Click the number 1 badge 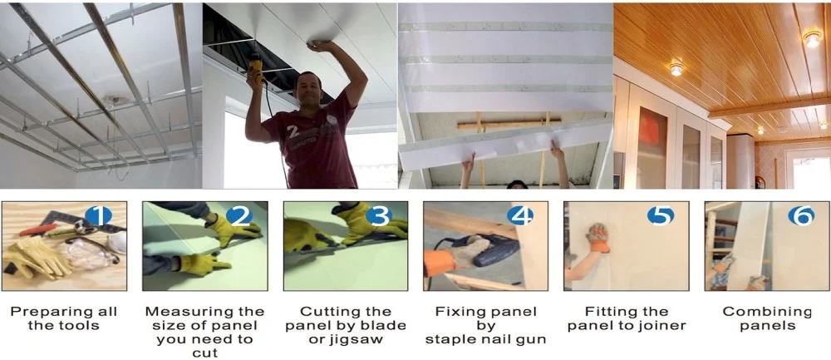point(98,216)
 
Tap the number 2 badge point(239,216)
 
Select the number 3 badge point(380,216)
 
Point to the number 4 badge point(520,216)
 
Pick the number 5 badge point(661,216)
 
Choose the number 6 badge point(801,216)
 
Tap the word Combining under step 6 point(767,311)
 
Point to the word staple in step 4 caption point(453,338)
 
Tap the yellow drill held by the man point(258,70)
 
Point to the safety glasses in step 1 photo point(87,254)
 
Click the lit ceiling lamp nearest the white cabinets point(676,68)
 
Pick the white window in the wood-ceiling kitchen point(809,169)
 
